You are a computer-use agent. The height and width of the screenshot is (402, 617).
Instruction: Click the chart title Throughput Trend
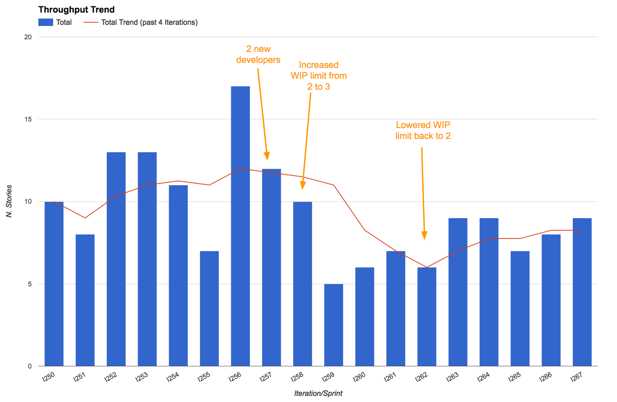[76, 10]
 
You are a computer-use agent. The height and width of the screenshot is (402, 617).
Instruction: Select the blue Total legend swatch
[45, 22]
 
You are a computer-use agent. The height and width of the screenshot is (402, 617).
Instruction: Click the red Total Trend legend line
[91, 22]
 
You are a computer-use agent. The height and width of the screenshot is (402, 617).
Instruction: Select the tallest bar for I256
[240, 226]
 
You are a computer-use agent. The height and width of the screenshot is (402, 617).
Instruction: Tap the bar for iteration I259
[334, 325]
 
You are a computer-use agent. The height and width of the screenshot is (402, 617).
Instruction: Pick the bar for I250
[54, 284]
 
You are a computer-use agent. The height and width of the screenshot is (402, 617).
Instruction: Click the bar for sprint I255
[209, 309]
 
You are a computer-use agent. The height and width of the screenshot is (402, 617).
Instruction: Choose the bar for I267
[582, 292]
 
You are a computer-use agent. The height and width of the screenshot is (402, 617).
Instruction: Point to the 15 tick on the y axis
[28, 119]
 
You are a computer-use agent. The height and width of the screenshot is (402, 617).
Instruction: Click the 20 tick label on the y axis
[28, 37]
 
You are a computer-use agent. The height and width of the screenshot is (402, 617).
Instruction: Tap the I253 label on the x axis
[142, 377]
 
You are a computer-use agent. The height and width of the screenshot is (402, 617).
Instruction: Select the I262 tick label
[421, 377]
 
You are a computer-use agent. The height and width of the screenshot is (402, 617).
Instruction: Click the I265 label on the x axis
[515, 377]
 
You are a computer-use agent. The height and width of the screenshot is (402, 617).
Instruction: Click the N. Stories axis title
[9, 201]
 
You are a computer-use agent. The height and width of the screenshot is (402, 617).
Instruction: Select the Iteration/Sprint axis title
[318, 394]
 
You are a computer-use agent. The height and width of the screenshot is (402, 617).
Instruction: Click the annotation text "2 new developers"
[258, 54]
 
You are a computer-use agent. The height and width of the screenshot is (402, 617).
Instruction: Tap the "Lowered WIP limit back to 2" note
[423, 130]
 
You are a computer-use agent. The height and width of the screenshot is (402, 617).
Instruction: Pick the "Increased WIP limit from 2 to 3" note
[319, 76]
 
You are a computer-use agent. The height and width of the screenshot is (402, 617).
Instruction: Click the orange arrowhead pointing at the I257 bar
[267, 156]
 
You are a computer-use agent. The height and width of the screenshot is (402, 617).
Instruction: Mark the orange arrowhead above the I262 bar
[424, 235]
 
